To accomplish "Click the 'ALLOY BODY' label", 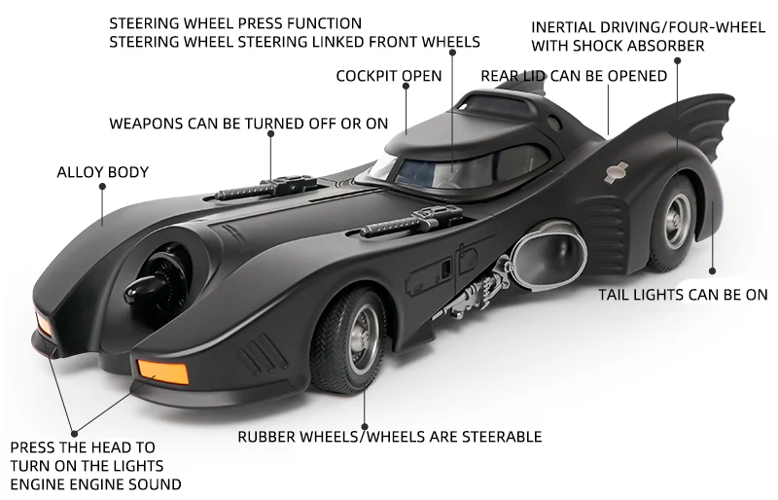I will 102,172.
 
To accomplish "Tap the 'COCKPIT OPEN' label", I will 389,76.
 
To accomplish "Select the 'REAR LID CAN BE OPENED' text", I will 574,76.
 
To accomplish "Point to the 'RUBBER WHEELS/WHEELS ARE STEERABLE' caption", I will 390,437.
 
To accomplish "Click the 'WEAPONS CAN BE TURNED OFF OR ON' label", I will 248,124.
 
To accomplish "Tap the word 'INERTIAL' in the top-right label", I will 561,26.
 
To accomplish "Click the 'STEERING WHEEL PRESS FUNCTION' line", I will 235,22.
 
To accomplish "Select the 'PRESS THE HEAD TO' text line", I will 83,447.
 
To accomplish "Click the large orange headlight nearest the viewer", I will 162,371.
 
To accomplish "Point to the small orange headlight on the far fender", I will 43,324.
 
